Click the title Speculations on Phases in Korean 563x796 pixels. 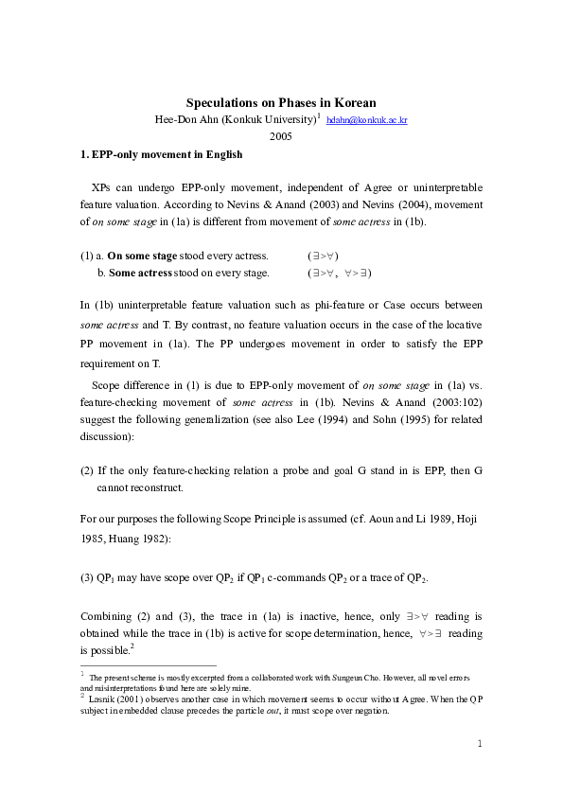tap(281, 102)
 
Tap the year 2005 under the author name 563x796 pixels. tap(281, 136)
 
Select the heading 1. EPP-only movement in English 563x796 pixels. tap(161, 154)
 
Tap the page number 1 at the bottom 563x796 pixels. tap(480, 744)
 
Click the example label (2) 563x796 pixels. tap(87, 470)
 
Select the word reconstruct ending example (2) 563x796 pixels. tap(153, 487)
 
